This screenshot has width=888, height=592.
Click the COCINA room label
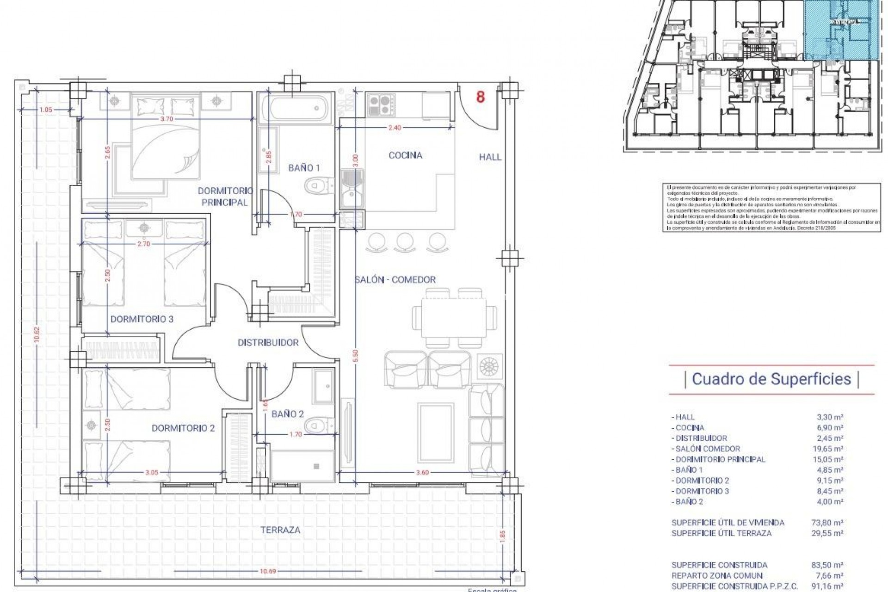405,155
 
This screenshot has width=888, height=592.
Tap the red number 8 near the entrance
481,98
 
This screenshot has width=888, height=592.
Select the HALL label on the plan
490,157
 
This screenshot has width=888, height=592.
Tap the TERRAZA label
280,530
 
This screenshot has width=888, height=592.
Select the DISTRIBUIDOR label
268,343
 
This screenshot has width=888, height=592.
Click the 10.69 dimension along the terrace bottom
267,572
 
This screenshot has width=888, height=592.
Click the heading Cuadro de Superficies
771,379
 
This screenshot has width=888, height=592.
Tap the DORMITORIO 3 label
142,319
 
